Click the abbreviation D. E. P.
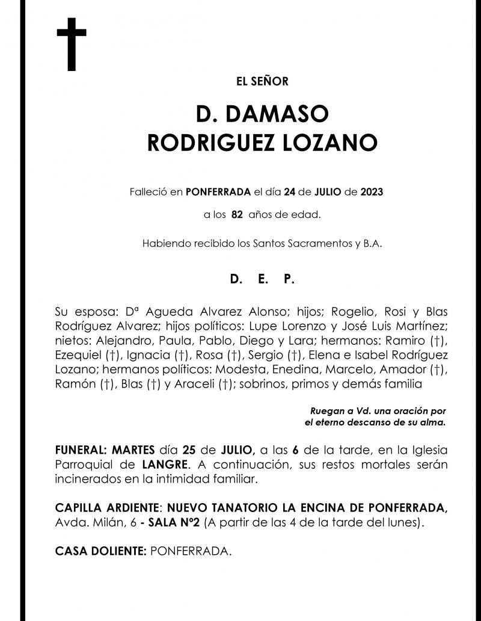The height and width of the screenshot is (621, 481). click(x=262, y=280)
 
